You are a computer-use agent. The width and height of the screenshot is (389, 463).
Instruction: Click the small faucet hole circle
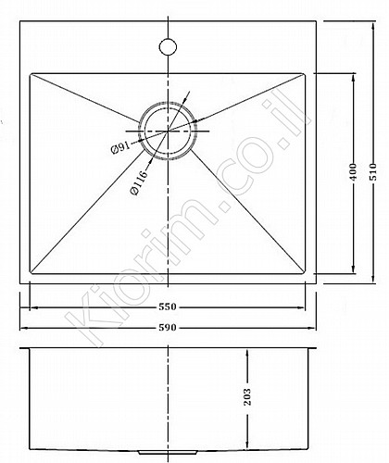point(168,46)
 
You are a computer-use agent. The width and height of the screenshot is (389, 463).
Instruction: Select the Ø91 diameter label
point(120,148)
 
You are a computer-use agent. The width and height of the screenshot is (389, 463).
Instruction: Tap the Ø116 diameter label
point(139,182)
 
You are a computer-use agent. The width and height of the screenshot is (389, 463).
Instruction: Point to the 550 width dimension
point(168,307)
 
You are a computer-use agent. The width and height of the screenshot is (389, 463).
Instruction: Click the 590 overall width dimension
point(168,327)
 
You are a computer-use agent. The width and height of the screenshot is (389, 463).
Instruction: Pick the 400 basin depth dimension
point(354,172)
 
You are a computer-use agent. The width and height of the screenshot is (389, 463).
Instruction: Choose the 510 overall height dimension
point(373,172)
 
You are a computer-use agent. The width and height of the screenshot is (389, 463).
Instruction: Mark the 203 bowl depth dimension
point(247,396)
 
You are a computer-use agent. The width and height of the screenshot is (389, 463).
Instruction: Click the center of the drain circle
point(168,131)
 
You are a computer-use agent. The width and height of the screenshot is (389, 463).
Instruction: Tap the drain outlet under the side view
point(168,453)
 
